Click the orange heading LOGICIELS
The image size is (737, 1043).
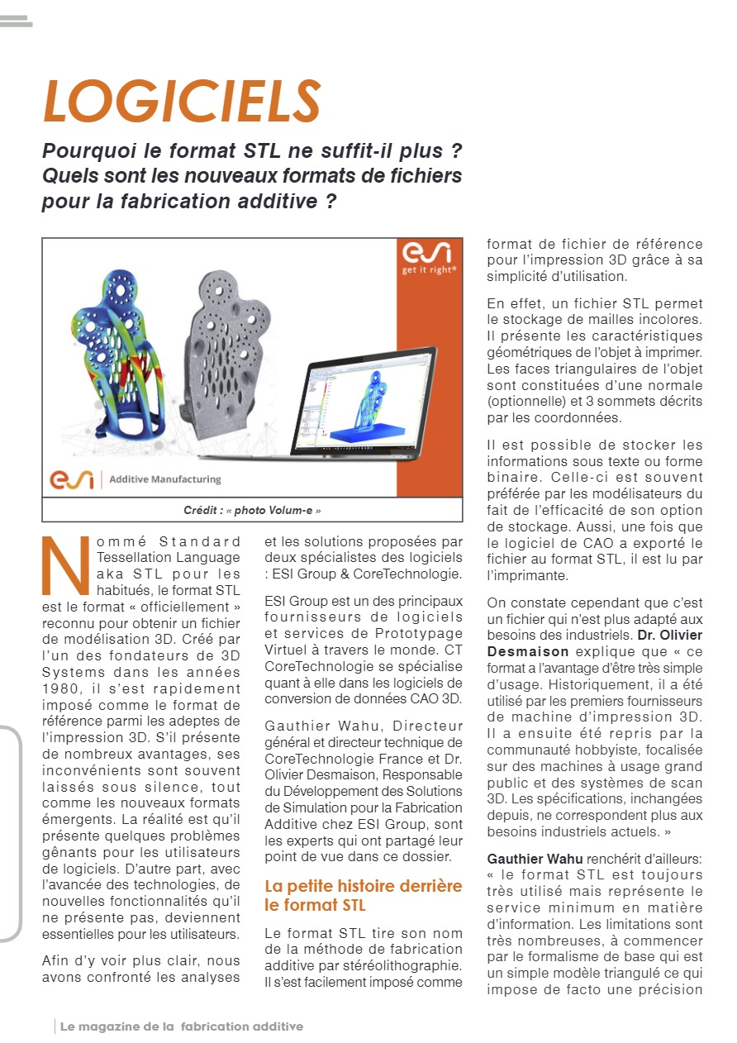tap(182, 101)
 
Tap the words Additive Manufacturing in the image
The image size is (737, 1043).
tap(165, 479)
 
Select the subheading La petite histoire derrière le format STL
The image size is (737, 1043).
tap(364, 895)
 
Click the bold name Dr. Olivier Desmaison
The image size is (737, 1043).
tap(595, 643)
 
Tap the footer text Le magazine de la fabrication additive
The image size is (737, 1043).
tap(182, 1026)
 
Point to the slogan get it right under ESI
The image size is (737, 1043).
tap(429, 270)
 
